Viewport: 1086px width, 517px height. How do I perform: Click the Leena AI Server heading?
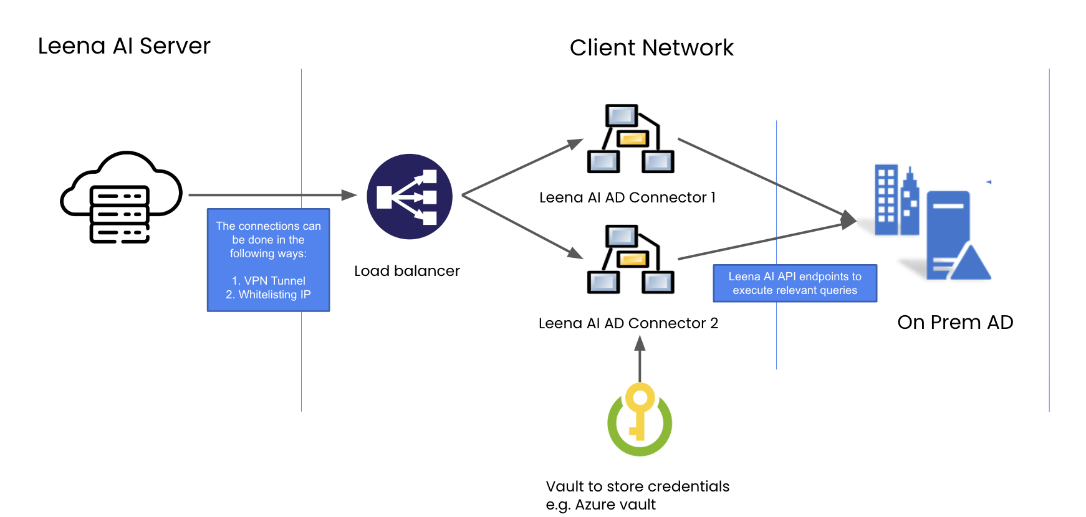coord(124,46)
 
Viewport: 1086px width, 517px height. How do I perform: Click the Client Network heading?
coord(651,48)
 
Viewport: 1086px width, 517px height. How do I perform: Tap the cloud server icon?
coord(121,197)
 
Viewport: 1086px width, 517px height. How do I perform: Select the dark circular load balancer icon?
coord(410,197)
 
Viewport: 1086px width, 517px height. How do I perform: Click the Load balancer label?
coord(406,271)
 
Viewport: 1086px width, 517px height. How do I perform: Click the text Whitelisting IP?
coord(274,295)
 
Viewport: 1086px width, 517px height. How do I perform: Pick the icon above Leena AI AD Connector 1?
coord(631,138)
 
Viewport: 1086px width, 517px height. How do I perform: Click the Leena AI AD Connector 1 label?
coord(627,197)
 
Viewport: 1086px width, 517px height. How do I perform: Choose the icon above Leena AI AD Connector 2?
coord(631,259)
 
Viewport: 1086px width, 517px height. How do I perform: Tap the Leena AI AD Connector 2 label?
coord(628,323)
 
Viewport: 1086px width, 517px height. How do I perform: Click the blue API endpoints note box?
coord(795,283)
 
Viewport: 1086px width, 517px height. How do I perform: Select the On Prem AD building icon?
coord(932,222)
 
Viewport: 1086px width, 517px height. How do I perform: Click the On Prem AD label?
coord(955,322)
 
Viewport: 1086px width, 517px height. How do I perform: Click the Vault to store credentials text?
coord(637,486)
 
